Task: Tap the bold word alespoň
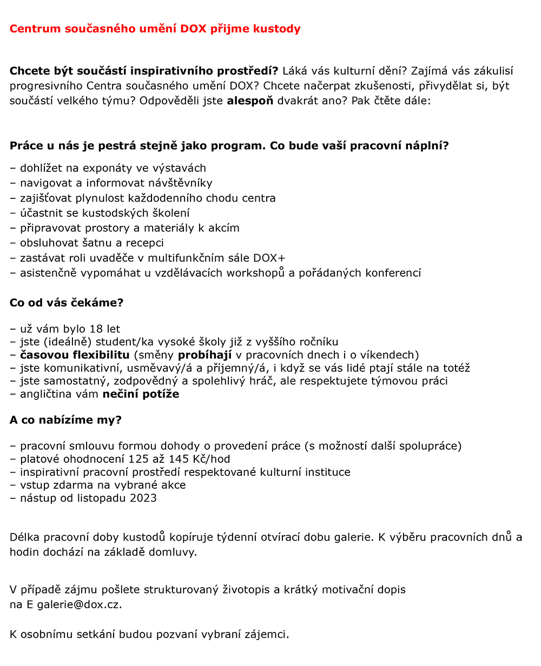(250, 101)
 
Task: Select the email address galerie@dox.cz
(78, 604)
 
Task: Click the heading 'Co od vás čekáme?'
(67, 303)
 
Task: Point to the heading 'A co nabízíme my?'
(65, 420)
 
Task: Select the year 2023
(143, 498)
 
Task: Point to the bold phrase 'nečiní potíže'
(141, 394)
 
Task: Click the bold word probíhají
(204, 355)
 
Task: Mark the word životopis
(247, 590)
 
